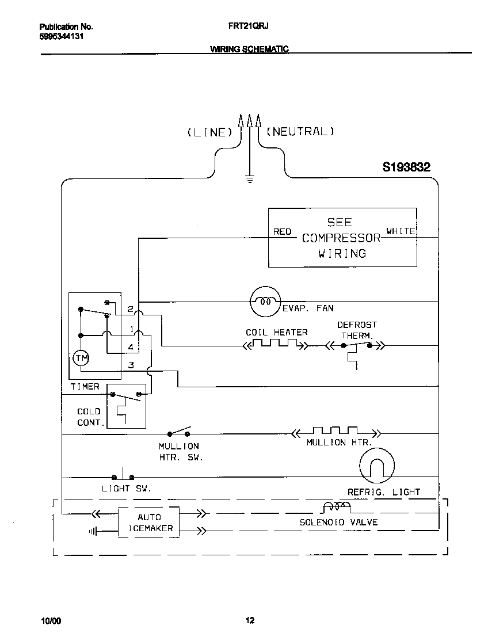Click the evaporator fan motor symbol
(265, 301)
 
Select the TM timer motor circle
(82, 359)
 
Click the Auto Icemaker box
(149, 523)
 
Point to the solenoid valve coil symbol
(336, 507)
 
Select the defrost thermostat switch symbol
(356, 345)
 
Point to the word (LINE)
(209, 132)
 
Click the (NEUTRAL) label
(300, 131)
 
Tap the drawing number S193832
(406, 167)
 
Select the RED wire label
(282, 231)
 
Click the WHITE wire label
(401, 231)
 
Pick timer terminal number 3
(131, 365)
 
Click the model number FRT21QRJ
(249, 26)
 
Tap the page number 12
(250, 620)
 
